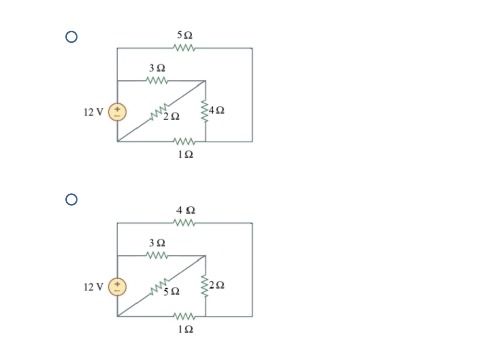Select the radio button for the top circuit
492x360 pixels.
[x=71, y=37]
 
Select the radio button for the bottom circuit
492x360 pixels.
[x=71, y=199]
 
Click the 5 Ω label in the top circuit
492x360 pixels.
[x=184, y=35]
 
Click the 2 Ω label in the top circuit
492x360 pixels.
[x=172, y=116]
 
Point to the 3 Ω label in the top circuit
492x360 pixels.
[x=157, y=68]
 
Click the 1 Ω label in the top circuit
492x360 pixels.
[x=185, y=155]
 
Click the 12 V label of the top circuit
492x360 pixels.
[x=93, y=112]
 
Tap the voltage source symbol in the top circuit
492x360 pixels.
[x=117, y=112]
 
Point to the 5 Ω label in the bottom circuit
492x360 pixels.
[x=172, y=291]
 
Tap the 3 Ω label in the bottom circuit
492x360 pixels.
[x=157, y=243]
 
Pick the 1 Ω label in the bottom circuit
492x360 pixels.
[x=185, y=330]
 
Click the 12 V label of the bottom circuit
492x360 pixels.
[x=93, y=287]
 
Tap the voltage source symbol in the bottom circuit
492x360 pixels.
[x=117, y=287]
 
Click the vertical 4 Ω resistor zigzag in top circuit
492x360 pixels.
[x=206, y=112]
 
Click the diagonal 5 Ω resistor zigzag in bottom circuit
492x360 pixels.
[x=160, y=286]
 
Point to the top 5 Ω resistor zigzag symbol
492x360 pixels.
[x=184, y=48]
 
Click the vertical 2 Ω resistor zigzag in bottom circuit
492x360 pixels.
[x=206, y=286]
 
